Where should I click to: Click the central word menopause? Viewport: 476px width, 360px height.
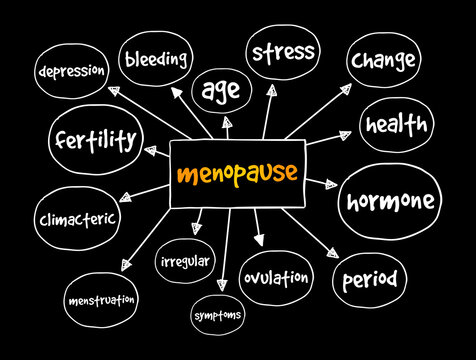point(236,173)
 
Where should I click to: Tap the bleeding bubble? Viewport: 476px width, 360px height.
point(156,59)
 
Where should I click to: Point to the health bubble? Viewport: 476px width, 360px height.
point(396,125)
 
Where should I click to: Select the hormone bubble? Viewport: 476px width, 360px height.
point(390,201)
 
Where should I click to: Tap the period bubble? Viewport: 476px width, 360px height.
point(369,276)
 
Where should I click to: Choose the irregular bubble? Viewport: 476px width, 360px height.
point(185,261)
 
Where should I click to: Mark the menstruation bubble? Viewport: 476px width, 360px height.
point(103,299)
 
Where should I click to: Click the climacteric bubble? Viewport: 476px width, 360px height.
point(77,217)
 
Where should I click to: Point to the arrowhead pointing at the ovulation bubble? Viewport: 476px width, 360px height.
point(259,241)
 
